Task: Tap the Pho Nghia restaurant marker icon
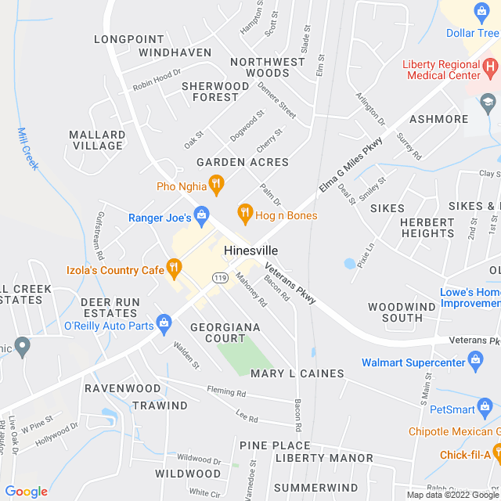click(217, 186)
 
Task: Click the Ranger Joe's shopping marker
click(202, 214)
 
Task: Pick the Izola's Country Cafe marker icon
click(174, 269)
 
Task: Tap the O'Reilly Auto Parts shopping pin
click(164, 322)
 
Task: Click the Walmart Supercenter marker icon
click(475, 361)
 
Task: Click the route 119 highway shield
click(219, 278)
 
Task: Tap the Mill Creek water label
click(27, 149)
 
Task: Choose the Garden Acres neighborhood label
click(243, 162)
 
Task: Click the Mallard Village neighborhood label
click(97, 140)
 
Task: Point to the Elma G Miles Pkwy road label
click(351, 164)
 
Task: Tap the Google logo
click(26, 491)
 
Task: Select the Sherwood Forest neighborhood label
click(215, 92)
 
